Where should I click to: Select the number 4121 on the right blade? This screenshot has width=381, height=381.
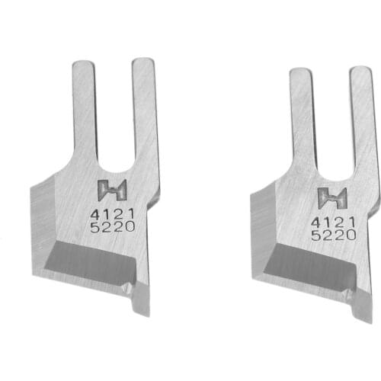(x=333, y=221)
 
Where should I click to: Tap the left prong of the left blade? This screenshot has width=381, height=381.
(x=83, y=107)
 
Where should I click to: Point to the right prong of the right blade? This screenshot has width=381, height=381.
(x=361, y=114)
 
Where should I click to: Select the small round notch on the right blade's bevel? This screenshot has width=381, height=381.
(x=347, y=295)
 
